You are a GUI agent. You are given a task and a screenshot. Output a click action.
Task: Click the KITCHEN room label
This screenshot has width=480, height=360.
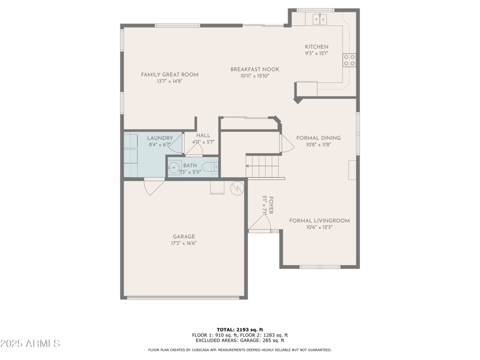coord(316,47)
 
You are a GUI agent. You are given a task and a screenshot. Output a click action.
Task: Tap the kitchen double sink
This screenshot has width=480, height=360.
coord(320,19)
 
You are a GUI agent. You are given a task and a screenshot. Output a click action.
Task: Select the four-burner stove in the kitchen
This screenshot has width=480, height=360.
coord(349,59)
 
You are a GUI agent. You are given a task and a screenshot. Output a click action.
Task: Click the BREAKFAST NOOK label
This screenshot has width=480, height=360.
coord(254,70)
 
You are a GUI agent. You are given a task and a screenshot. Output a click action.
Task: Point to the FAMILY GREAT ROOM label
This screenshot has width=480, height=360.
coord(169,75)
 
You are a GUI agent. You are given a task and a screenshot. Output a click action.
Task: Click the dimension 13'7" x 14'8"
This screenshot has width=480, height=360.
coord(169,81)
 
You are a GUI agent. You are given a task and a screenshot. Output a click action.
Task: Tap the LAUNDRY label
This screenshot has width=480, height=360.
coord(160,138)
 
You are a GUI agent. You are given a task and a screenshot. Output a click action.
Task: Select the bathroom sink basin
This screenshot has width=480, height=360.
coord(174,167)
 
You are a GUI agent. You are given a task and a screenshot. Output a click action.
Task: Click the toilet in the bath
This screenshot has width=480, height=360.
coord(208,167)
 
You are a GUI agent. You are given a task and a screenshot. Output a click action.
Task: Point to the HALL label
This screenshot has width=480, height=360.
coord(203,136)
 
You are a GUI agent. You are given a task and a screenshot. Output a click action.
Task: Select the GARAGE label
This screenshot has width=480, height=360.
coord(184,236)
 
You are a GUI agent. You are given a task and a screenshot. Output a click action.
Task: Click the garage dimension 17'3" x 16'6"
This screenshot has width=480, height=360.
coord(184,243)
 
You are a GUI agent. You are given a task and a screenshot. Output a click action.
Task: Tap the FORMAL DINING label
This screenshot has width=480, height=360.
coord(318,138)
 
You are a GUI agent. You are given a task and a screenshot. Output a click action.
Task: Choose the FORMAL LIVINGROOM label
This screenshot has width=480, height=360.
coord(319,221)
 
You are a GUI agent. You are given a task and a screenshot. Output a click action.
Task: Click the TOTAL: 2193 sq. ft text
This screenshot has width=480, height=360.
coord(239,329)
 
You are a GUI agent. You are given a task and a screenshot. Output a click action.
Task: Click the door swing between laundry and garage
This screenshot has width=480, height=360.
coord(154,187)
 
